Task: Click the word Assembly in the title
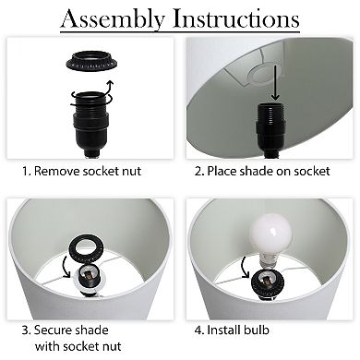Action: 113,19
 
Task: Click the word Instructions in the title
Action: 236,18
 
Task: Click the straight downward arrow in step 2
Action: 275,82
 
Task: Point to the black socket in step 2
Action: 270,129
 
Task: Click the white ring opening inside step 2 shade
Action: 262,74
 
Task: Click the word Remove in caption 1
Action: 57,171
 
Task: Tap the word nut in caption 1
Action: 132,172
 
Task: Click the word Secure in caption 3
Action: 54,330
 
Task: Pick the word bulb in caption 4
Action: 257,330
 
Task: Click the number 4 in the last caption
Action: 198,330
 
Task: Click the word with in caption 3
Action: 46,346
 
